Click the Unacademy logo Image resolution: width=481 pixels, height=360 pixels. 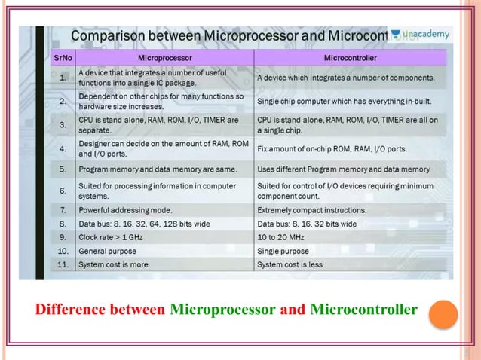pyautogui.click(x=421, y=35)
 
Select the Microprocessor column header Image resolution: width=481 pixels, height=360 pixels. pyautogui.click(x=165, y=57)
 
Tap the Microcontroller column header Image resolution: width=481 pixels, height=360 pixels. pyautogui.click(x=351, y=57)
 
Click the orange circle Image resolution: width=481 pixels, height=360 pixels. pyautogui.click(x=443, y=314)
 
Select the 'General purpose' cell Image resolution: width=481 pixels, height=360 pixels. pyautogui.click(x=108, y=251)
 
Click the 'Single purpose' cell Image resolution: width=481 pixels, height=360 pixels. pyautogui.click(x=283, y=251)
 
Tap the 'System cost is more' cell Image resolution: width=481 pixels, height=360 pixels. pyautogui.click(x=113, y=264)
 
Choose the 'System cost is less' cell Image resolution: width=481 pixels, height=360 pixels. pyautogui.click(x=290, y=264)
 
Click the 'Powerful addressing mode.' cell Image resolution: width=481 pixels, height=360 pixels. pyautogui.click(x=125, y=210)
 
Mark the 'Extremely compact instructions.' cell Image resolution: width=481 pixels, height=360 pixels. pyautogui.click(x=311, y=210)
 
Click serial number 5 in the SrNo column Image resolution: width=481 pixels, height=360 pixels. pyautogui.click(x=63, y=169)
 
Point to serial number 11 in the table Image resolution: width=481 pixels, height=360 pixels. pyautogui.click(x=63, y=264)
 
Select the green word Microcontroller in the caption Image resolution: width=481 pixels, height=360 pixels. pyautogui.click(x=363, y=310)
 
